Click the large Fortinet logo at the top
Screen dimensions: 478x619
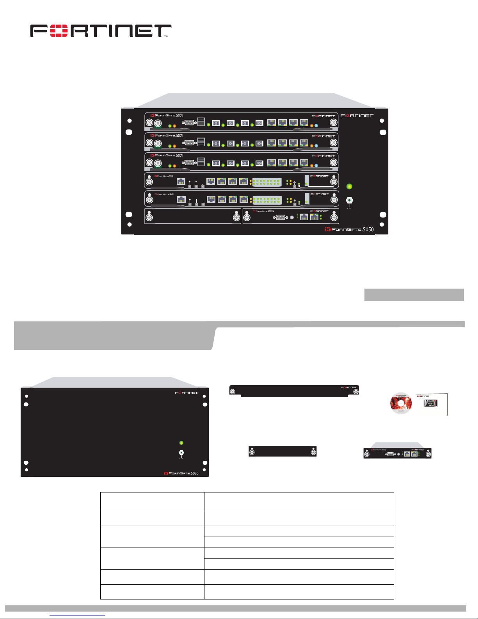pos(101,31)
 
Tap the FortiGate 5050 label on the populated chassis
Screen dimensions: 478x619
pos(349,229)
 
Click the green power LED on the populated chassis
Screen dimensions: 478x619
pos(350,186)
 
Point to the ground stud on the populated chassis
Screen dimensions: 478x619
pos(350,200)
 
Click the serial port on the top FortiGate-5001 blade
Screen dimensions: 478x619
pos(189,122)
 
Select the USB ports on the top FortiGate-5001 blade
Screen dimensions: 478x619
pos(201,122)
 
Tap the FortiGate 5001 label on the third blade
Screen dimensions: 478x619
pos(167,155)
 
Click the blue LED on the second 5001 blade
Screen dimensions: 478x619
pos(316,145)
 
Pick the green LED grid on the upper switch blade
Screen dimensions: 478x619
pos(267,182)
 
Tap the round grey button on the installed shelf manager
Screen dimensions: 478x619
pos(292,217)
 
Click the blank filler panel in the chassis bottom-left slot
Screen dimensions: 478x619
pos(193,216)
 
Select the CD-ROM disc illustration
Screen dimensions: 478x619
pos(401,403)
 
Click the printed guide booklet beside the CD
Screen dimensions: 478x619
pos(432,405)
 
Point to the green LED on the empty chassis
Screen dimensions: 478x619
pos(181,443)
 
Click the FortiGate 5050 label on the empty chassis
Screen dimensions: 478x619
pos(181,473)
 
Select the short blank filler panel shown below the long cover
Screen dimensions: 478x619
pos(283,452)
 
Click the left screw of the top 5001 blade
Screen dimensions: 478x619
pos(149,122)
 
